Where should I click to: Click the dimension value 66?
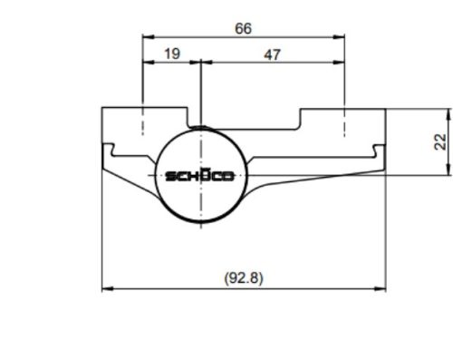(243, 29)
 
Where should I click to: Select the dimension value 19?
(172, 54)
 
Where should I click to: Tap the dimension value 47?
(272, 55)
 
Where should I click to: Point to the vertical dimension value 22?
(440, 141)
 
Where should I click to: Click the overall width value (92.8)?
(244, 277)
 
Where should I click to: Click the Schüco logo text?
(200, 175)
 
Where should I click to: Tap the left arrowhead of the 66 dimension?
(149, 37)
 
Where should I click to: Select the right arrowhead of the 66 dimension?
(339, 37)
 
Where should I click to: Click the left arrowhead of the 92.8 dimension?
(108, 289)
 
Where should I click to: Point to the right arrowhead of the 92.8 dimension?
(380, 289)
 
